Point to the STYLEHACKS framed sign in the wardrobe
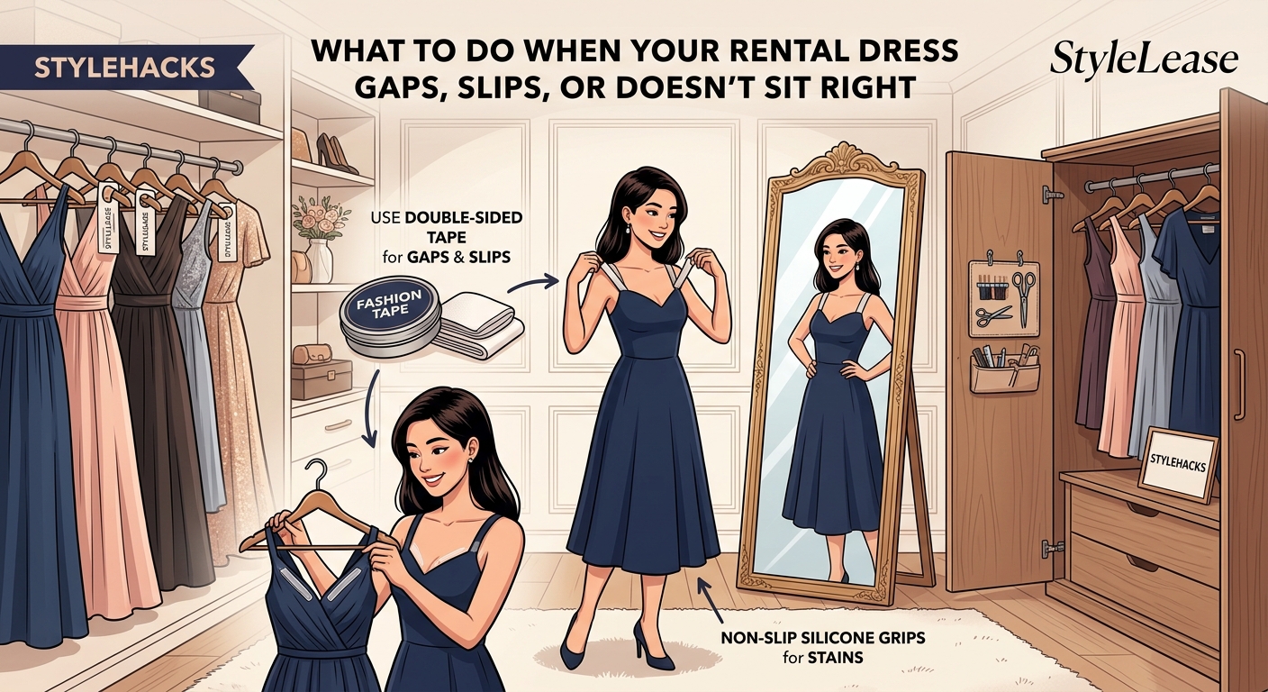pyautogui.click(x=1177, y=462)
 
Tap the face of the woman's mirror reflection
pyautogui.click(x=839, y=255)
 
